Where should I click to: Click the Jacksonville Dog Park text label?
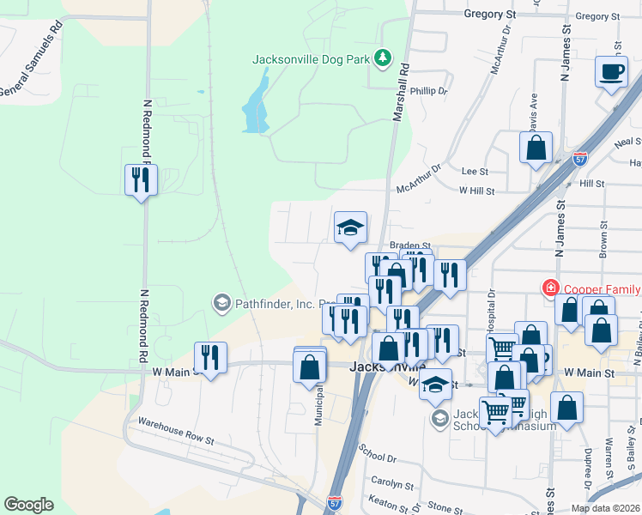coord(312,60)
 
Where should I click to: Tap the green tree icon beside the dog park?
coord(382,59)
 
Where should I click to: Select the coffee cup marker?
coord(611,72)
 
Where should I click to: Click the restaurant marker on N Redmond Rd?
coord(141,180)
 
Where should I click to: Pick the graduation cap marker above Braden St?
coord(350,227)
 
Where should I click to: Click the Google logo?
coord(28,505)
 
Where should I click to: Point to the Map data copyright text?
coord(605,508)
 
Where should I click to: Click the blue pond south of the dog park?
coord(256,107)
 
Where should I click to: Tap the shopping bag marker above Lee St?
coord(536,148)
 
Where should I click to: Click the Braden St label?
coord(409,245)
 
